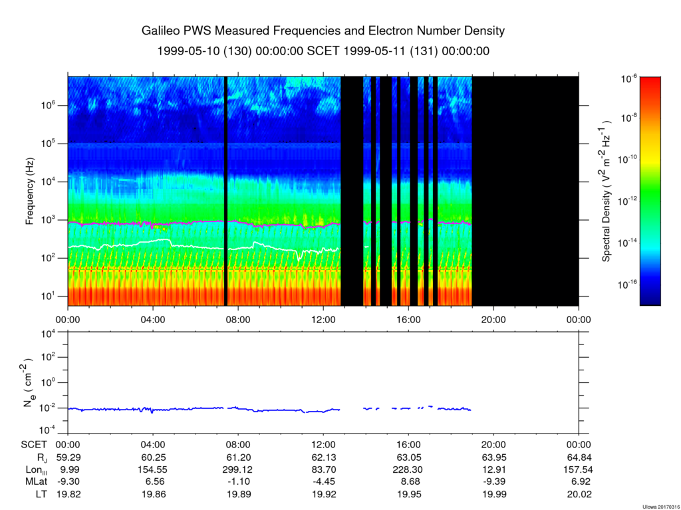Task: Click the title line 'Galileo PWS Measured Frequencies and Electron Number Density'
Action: pyautogui.click(x=323, y=31)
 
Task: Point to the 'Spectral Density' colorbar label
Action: pyautogui.click(x=607, y=191)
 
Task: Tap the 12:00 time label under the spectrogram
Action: pyautogui.click(x=323, y=319)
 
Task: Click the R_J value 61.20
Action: pyautogui.click(x=238, y=457)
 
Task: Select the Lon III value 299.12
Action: pyautogui.click(x=238, y=469)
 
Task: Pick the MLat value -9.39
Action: pyautogui.click(x=493, y=482)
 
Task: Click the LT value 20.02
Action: pyautogui.click(x=578, y=495)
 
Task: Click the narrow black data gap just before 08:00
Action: pyautogui.click(x=226, y=191)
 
